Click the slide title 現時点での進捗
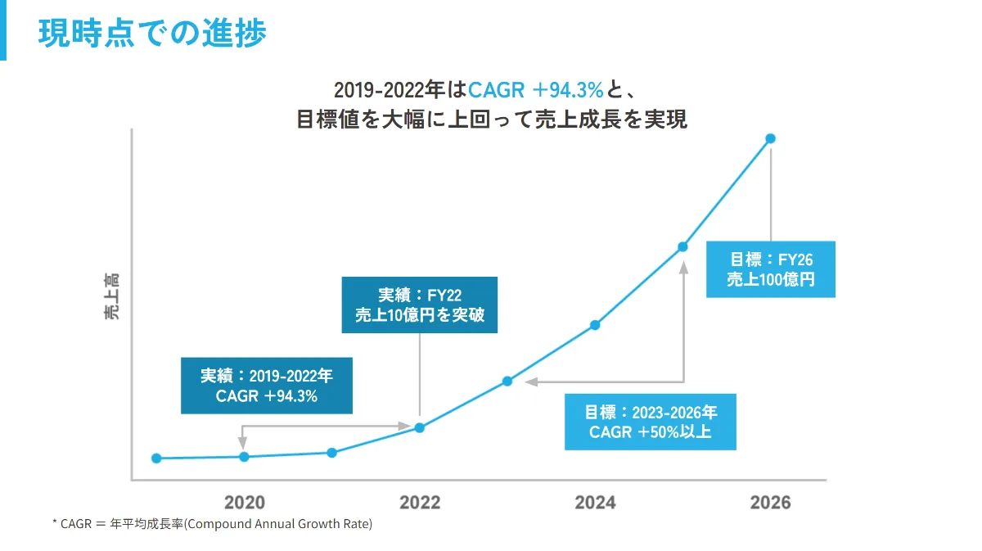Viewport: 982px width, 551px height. click(152, 34)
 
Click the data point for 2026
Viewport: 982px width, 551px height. click(770, 138)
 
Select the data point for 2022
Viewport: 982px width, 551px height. click(419, 427)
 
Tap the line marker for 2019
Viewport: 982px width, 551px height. click(156, 458)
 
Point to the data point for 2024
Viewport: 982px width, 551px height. click(595, 325)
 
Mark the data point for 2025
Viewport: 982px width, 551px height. click(682, 246)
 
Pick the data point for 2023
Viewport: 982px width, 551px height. click(507, 382)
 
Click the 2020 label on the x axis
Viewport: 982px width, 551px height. click(244, 503)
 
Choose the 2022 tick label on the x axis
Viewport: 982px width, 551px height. click(419, 503)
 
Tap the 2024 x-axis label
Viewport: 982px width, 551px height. click(595, 503)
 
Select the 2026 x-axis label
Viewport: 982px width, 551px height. click(770, 503)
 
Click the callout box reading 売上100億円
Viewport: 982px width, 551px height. click(770, 269)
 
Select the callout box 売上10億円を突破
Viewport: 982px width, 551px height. click(419, 305)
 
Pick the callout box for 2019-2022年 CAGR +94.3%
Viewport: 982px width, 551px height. click(267, 386)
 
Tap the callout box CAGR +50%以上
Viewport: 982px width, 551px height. click(650, 422)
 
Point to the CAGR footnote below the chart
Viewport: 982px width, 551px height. click(212, 524)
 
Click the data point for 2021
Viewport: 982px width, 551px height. click(331, 453)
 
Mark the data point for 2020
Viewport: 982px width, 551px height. click(244, 457)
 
